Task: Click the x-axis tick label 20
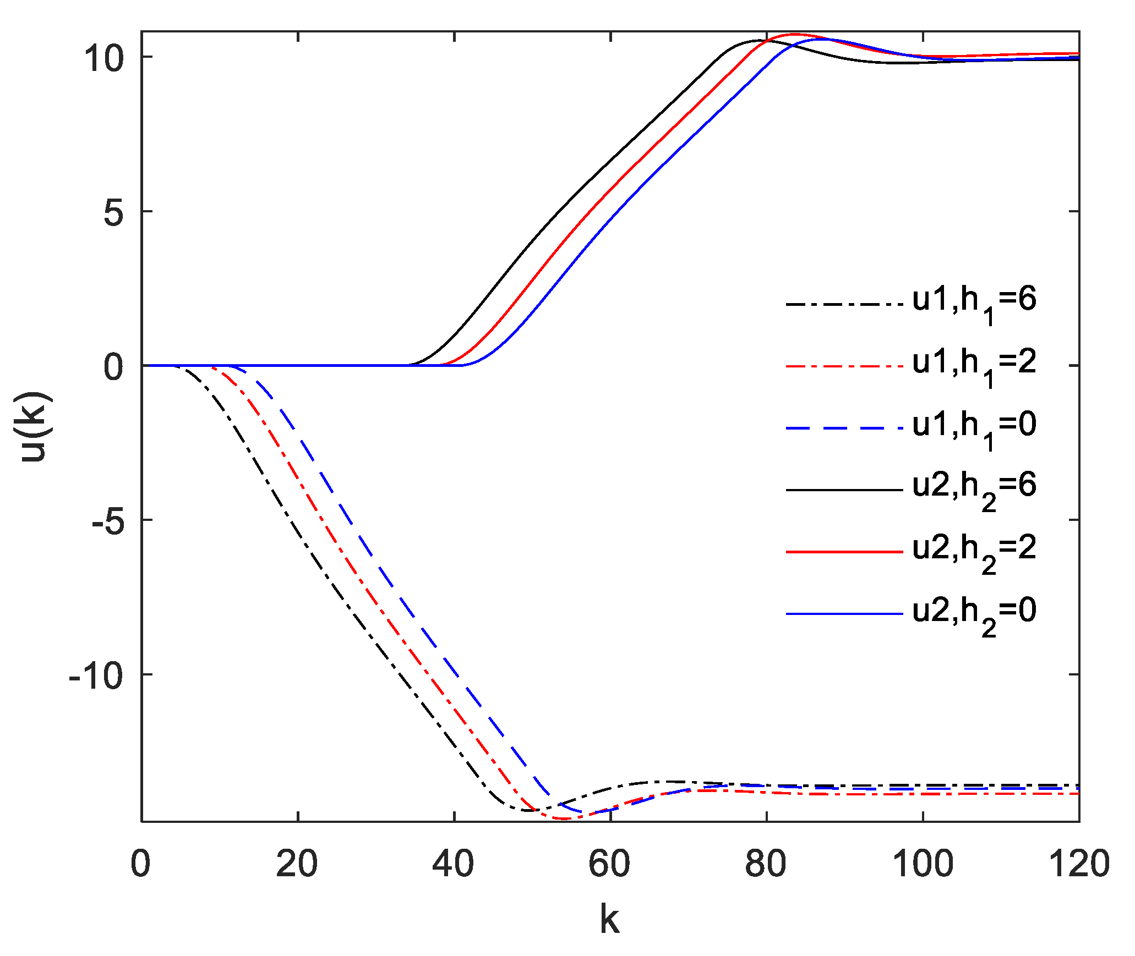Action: pos(297,864)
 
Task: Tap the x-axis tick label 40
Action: pos(453,864)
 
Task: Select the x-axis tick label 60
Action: pos(609,864)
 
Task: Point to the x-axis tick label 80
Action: pos(766,864)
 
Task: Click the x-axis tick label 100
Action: pos(922,864)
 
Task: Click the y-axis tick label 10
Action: pos(104,58)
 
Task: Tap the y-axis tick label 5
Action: pos(114,212)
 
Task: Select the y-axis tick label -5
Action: pos(108,520)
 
